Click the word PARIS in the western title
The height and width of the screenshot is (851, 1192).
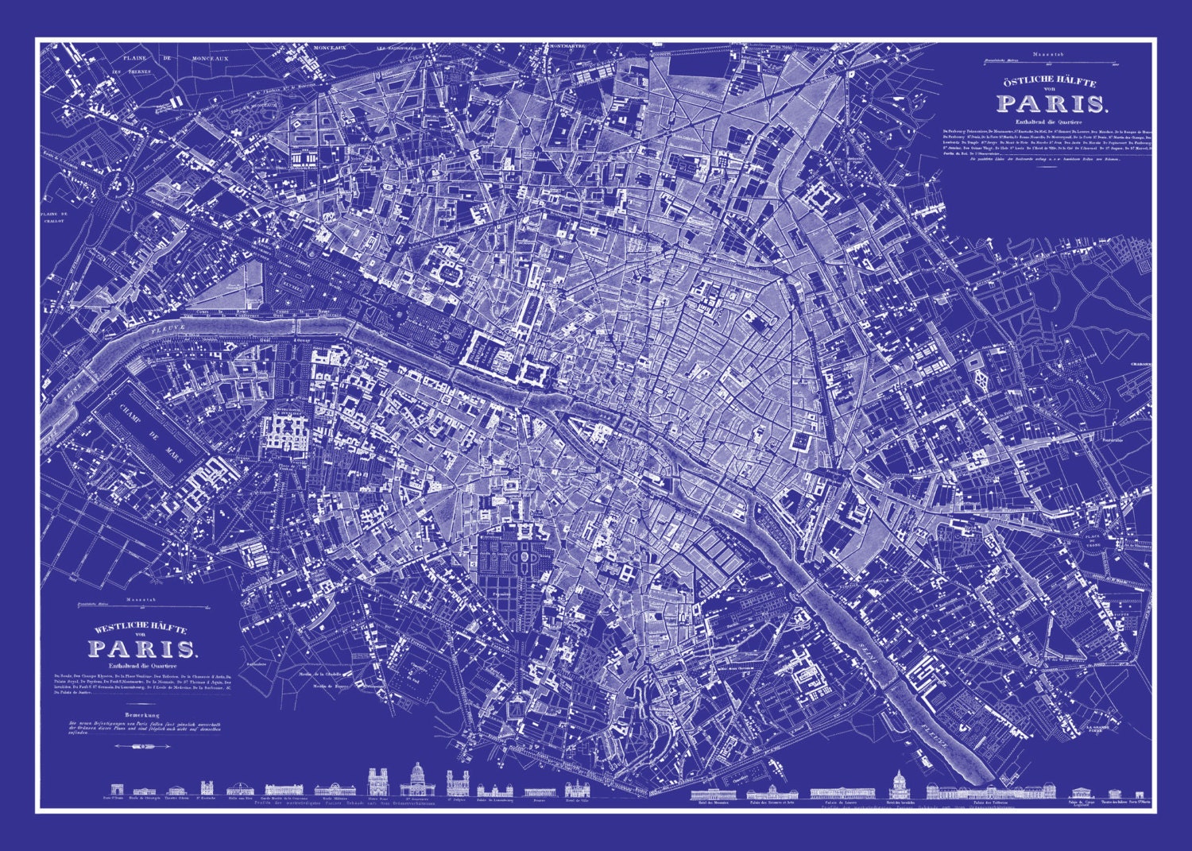point(144,649)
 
